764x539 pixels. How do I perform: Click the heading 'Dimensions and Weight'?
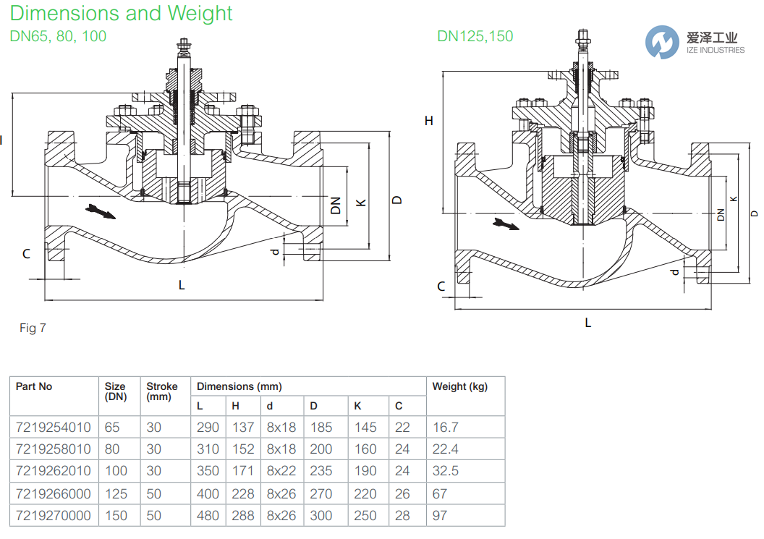point(122,14)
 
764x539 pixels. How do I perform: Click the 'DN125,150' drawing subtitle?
point(475,36)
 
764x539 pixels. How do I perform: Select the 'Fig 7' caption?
point(33,328)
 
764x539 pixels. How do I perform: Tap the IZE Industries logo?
point(695,41)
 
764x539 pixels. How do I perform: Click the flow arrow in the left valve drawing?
point(100,211)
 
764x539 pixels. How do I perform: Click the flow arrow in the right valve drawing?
point(506,224)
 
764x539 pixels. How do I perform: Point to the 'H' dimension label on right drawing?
point(428,121)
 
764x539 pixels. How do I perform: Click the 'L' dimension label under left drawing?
point(182,285)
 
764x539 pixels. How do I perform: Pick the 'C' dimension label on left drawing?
point(26,253)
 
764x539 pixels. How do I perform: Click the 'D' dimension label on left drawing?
point(396,200)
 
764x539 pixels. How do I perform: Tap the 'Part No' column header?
point(34,387)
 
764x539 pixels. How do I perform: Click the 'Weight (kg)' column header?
point(459,387)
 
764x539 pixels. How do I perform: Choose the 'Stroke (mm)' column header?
point(161,392)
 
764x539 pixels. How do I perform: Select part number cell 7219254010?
point(54,428)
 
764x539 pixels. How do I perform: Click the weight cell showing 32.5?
point(446,471)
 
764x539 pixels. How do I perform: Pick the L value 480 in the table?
point(208,516)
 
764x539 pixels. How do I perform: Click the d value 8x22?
point(281,471)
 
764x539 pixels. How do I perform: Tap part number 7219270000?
point(54,516)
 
